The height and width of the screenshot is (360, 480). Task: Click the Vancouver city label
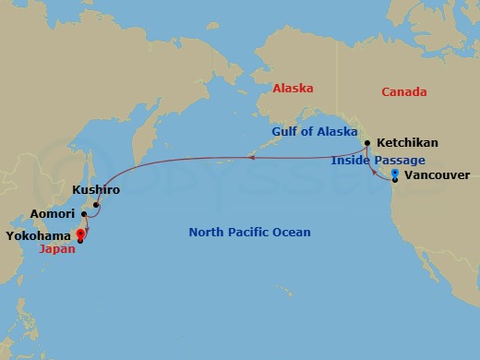(438, 175)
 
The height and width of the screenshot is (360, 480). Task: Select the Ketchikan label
(407, 143)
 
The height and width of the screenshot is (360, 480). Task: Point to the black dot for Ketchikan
(367, 143)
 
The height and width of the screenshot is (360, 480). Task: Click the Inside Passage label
(378, 161)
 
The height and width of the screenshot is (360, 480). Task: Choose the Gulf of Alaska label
(314, 132)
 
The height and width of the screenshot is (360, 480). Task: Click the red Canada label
(403, 92)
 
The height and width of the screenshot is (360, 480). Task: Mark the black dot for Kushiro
(96, 204)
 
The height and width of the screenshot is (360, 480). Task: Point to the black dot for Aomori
(83, 214)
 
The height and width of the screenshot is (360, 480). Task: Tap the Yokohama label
(40, 235)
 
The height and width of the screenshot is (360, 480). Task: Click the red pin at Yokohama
(80, 234)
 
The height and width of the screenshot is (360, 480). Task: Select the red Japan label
(57, 248)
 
